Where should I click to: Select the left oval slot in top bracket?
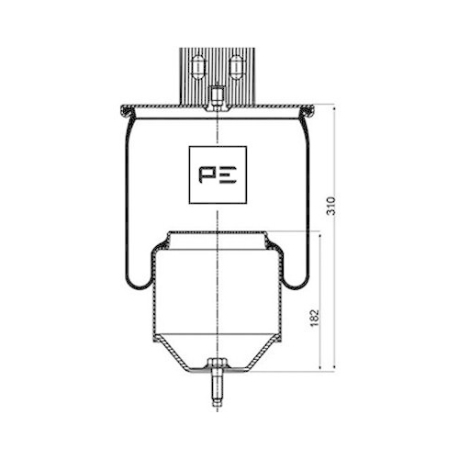click(x=196, y=66)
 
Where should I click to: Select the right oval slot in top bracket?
click(x=236, y=66)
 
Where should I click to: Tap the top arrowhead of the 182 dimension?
click(x=320, y=233)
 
